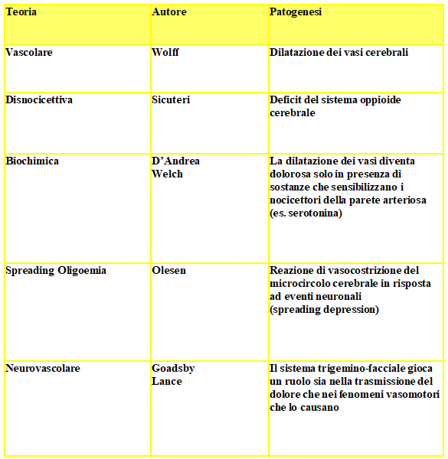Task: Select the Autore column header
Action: point(168,12)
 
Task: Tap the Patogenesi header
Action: point(296,12)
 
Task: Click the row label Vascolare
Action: point(29,53)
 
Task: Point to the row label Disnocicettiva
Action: point(38,100)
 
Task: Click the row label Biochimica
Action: point(32,161)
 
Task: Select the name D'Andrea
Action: point(176,161)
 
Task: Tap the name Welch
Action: point(167,174)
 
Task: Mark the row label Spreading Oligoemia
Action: point(56,270)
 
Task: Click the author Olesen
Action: point(168,270)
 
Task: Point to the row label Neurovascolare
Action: point(43,368)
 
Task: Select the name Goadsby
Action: point(173,368)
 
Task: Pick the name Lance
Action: point(166,380)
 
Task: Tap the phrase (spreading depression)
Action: point(324,310)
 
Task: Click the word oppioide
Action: point(376,100)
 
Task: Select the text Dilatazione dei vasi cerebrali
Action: point(338,53)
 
